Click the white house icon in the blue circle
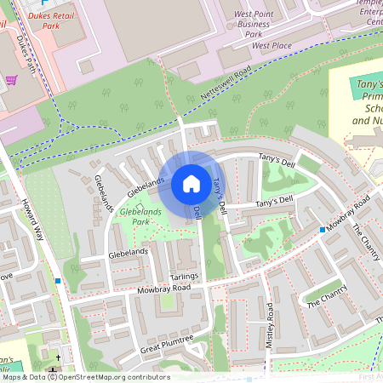pos(191,183)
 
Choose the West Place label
pos(272,44)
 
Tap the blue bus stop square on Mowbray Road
pos(323,230)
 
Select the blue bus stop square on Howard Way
pos(58,280)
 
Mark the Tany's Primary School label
pos(368,103)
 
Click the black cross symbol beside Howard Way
pos(59,357)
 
